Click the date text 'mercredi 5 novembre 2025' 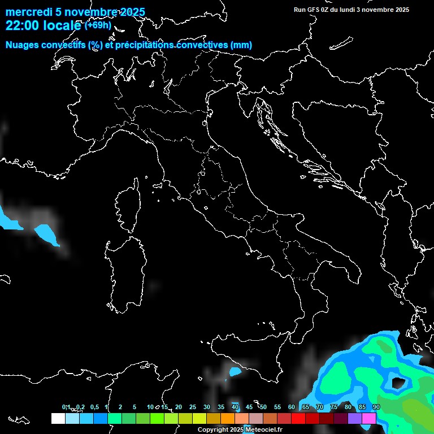coord(75,12)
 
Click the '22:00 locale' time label coord(44,25)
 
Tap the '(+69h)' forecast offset coord(98,25)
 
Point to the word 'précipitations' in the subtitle coord(144,45)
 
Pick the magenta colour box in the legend coord(369,418)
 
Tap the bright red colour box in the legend coord(298,418)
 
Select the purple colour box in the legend coord(355,418)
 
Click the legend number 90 coord(376,407)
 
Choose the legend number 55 coord(277,407)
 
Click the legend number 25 coord(192,407)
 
